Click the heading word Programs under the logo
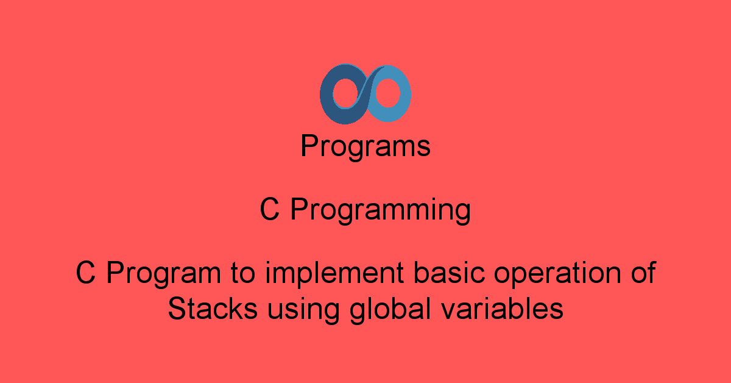pyautogui.click(x=365, y=147)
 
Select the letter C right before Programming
pyautogui.click(x=270, y=210)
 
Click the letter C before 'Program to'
pyautogui.click(x=86, y=273)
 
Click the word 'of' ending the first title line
pyautogui.click(x=643, y=273)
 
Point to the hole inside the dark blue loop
pyautogui.click(x=343, y=95)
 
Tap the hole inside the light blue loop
pyautogui.click(x=387, y=95)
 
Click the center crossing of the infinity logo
pyautogui.click(x=365, y=95)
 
